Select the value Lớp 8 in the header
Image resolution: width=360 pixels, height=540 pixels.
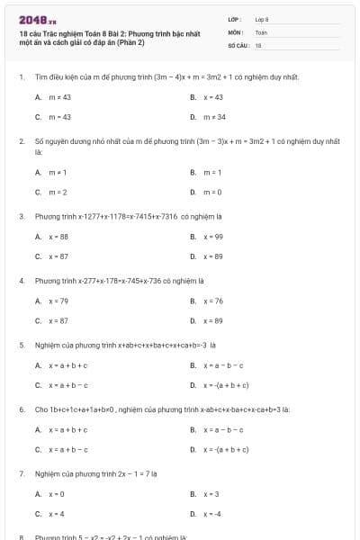coord(262,18)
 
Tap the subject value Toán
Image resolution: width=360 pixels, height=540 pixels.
coord(261,31)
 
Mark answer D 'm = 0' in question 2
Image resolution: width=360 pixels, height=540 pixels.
coord(212,192)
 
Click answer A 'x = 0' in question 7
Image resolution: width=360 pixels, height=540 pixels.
coord(57,494)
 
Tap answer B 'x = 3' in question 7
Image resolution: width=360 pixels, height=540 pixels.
coord(211,494)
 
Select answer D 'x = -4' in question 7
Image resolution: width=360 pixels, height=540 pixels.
coord(212,514)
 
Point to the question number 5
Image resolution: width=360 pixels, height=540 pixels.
coord(21,345)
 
